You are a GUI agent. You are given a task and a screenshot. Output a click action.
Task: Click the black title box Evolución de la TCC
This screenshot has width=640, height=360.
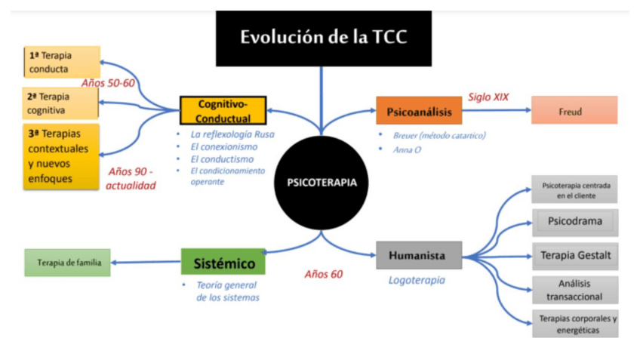tap(323, 38)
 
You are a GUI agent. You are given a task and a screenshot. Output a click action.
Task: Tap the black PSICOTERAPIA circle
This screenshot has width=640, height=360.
tap(322, 182)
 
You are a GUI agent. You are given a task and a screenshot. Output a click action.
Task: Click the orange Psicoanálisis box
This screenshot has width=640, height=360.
tap(418, 111)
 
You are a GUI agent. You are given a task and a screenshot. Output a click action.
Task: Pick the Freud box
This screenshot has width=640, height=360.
tap(574, 110)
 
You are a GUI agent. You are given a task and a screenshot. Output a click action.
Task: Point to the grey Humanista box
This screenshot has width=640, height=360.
tap(418, 256)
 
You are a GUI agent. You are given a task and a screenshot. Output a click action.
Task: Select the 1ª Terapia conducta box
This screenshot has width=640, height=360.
tap(62, 62)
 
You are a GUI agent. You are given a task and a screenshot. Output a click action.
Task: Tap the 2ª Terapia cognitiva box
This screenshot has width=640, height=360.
tap(62, 103)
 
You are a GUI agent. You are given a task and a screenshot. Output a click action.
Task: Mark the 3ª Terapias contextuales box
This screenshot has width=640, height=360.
tap(61, 157)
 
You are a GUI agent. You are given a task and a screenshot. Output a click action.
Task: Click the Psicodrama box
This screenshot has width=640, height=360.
tap(574, 222)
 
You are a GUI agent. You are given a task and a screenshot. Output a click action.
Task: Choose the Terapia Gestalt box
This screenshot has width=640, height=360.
tap(574, 255)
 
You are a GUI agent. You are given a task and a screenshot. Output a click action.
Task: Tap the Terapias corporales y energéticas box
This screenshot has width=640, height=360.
tap(574, 324)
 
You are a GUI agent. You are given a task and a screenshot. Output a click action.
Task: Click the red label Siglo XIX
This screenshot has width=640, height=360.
tap(488, 97)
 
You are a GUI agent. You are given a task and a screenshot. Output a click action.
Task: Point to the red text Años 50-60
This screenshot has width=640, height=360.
tap(108, 83)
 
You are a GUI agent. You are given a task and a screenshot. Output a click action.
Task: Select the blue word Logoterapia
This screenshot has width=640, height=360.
tap(416, 280)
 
